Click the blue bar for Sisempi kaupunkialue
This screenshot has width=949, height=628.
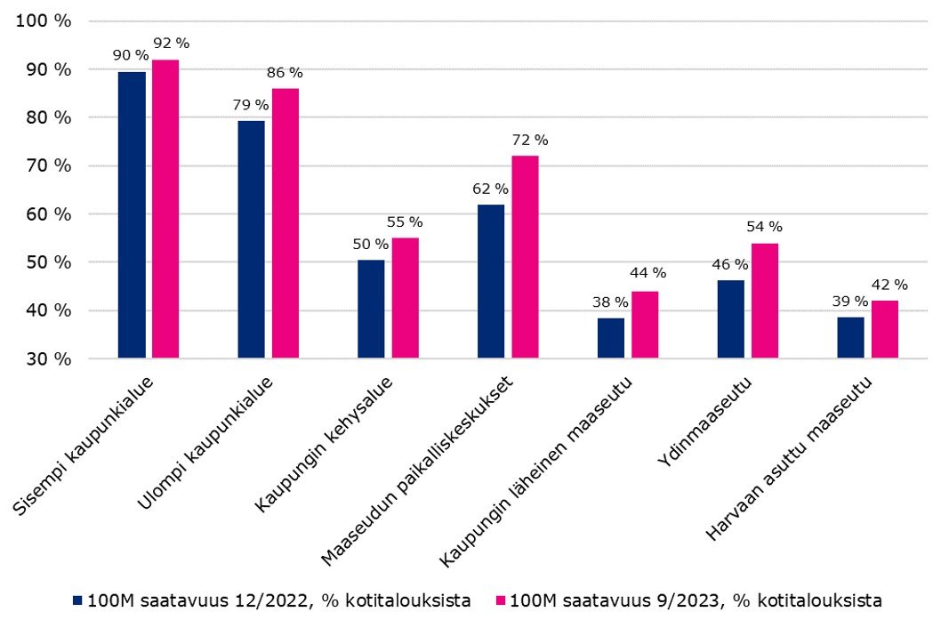(x=132, y=215)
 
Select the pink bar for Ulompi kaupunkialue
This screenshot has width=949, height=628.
(x=286, y=223)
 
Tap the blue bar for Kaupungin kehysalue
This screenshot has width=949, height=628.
(x=371, y=310)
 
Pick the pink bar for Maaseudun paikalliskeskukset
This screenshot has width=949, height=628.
(x=525, y=257)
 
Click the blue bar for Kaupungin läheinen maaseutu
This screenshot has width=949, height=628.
(x=611, y=338)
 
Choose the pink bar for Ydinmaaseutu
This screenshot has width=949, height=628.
(x=765, y=301)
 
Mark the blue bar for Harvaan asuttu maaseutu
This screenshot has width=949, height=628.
(x=850, y=338)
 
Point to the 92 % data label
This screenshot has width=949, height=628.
(x=171, y=43)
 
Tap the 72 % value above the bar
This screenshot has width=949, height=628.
(x=530, y=140)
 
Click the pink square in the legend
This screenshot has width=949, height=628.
(x=500, y=601)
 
